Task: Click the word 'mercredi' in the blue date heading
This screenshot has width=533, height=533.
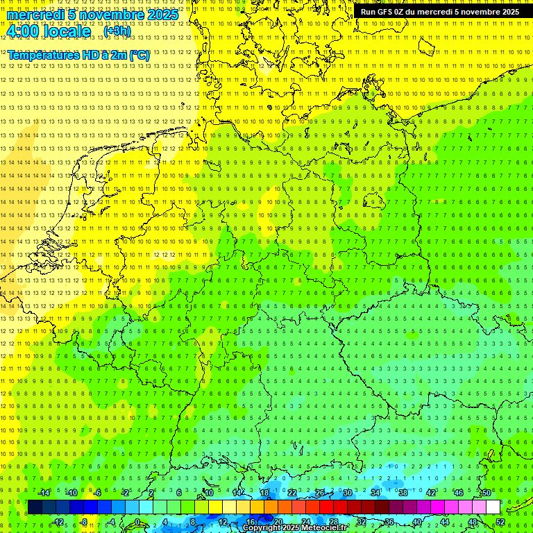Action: pos(35,15)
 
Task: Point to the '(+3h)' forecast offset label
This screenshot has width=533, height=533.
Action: pos(116,31)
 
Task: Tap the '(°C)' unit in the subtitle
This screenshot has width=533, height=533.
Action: pos(139,55)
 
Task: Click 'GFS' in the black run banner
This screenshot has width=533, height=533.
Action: pos(387,12)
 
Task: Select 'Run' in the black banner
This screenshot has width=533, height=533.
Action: pos(368,12)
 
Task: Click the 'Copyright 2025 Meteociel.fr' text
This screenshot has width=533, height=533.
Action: pos(294,528)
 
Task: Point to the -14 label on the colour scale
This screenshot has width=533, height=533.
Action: pos(44,493)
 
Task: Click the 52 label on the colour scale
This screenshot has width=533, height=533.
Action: pos(500,522)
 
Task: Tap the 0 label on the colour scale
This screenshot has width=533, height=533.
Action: pos(137,522)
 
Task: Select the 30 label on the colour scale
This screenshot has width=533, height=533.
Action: pos(347,493)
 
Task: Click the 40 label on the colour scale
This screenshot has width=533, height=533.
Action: pos(416,522)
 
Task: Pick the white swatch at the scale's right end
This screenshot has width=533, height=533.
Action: pos(493,507)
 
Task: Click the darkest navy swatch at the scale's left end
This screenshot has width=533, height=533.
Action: pos(35,507)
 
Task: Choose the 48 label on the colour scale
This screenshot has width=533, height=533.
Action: pos(473,522)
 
